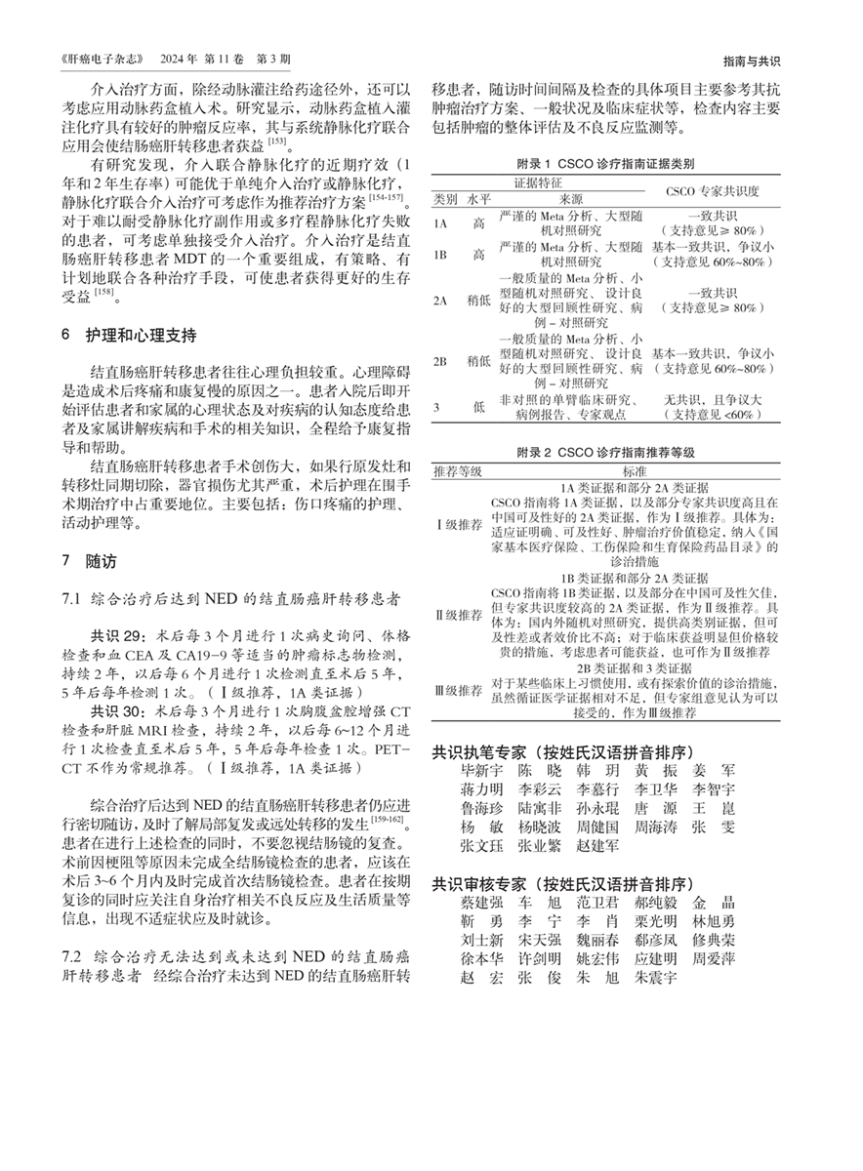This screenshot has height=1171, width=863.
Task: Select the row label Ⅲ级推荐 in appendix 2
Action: coord(459,688)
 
